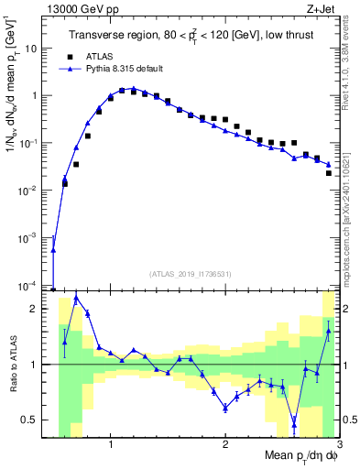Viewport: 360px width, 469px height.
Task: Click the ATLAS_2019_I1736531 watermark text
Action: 191,274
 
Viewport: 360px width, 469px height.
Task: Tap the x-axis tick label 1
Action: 110,446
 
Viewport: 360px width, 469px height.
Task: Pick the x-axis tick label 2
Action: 224,446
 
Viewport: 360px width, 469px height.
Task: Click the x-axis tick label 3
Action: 338,446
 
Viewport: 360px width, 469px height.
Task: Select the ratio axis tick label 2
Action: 38,309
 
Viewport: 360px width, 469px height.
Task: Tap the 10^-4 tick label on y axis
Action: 34,285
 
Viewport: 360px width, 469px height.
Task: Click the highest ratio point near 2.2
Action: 76,298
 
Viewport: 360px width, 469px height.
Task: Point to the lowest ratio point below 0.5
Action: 294,422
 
